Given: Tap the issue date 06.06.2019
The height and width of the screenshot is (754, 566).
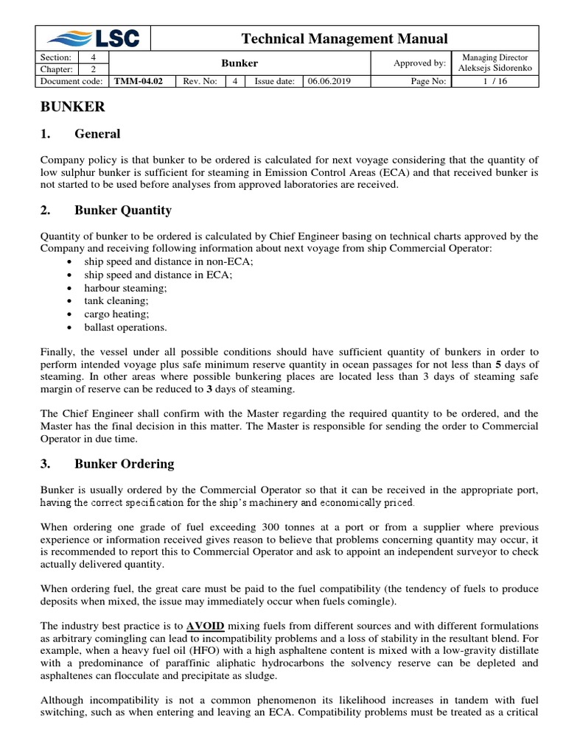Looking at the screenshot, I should (329, 81).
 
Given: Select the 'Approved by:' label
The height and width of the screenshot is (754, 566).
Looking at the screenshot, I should (419, 63).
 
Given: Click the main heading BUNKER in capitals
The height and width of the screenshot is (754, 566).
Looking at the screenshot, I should (72, 108).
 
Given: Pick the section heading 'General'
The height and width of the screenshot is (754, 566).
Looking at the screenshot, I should (97, 134).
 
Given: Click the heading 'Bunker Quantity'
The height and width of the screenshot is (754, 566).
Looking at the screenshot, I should (123, 211).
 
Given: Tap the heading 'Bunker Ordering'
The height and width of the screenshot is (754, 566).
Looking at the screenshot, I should (125, 464).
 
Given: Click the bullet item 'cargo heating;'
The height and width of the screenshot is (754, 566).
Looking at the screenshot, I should (116, 314).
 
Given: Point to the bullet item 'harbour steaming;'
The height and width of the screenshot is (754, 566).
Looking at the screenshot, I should (126, 288).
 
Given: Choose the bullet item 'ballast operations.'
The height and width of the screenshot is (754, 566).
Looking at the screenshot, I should (126, 328).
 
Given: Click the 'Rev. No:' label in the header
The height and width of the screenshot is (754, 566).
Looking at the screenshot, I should (200, 81).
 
